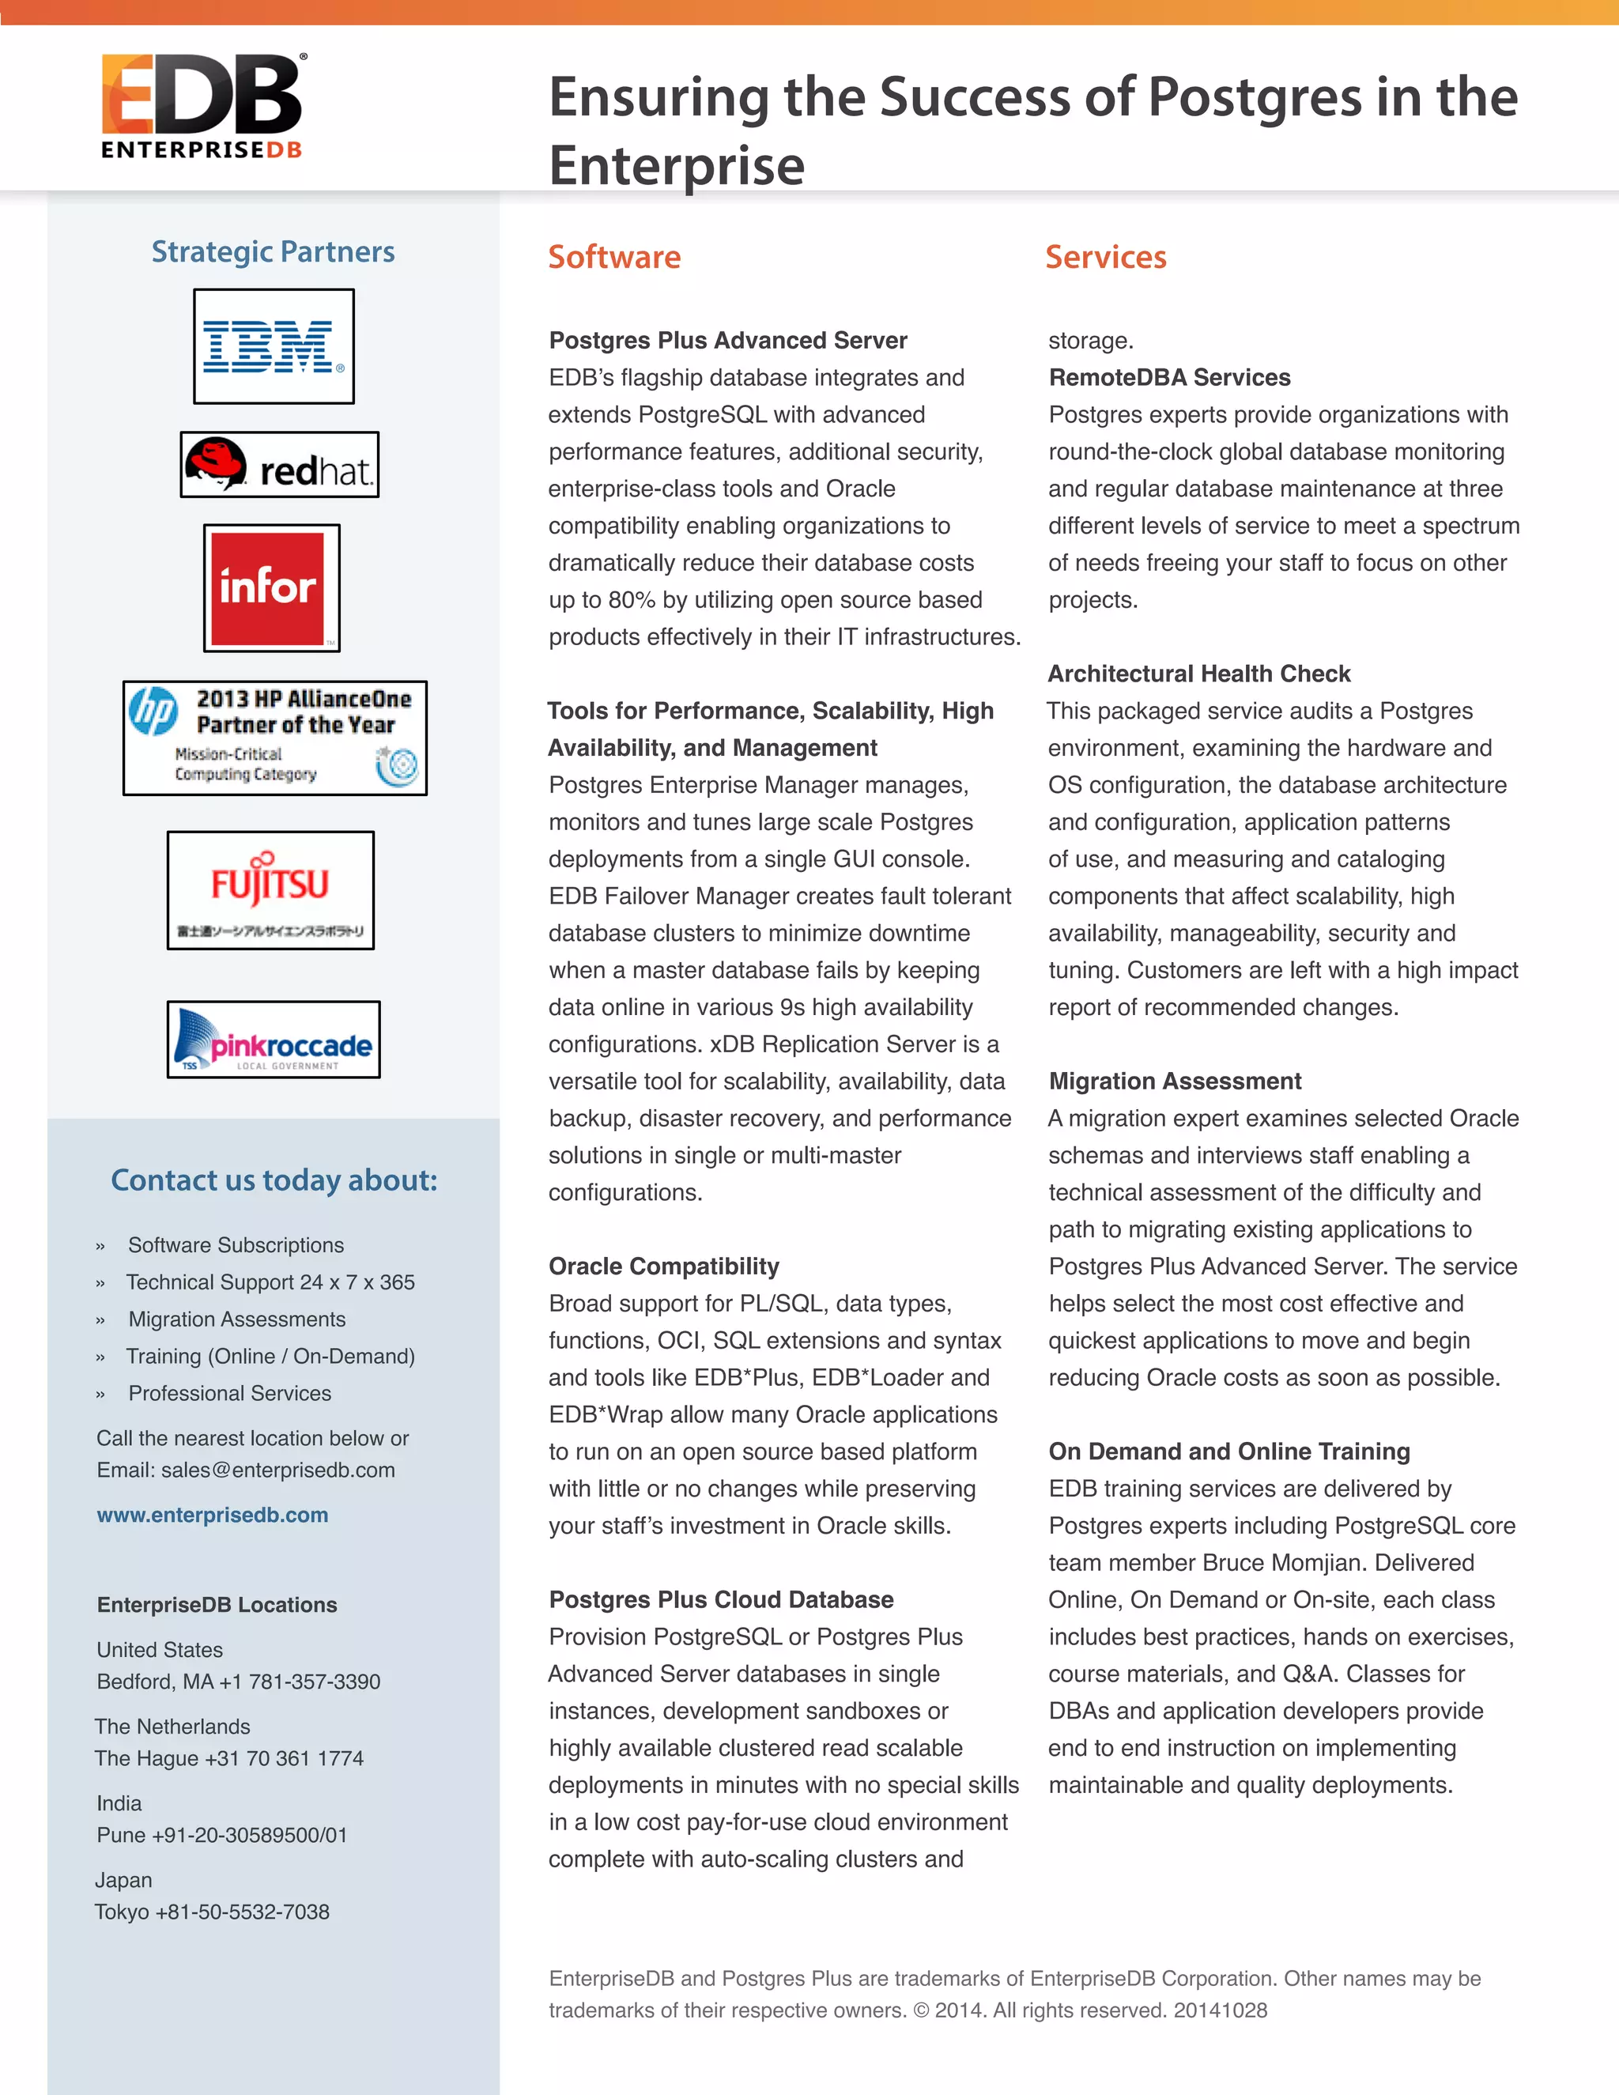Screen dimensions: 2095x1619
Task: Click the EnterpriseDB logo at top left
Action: pos(202,105)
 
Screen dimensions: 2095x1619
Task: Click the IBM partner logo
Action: pos(274,346)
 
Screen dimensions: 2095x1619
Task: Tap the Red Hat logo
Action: pos(279,465)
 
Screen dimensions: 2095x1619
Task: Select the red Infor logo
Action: pos(271,588)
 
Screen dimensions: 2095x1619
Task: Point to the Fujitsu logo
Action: pos(270,890)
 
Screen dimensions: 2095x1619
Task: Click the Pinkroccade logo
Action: pos(274,1040)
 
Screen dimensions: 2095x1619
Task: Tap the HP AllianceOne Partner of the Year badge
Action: pos(275,738)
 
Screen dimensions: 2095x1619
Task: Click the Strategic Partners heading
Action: pos(274,251)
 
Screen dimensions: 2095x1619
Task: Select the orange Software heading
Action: pos(613,257)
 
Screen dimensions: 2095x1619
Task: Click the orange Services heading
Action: pos(1105,257)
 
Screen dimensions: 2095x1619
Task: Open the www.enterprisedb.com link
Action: pos(212,1515)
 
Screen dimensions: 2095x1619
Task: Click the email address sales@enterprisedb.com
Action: pos(277,1470)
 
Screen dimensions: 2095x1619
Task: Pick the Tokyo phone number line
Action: pos(212,1912)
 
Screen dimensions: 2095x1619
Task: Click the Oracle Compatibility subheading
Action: pos(664,1266)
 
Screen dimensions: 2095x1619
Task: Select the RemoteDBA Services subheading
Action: pos(1169,377)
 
